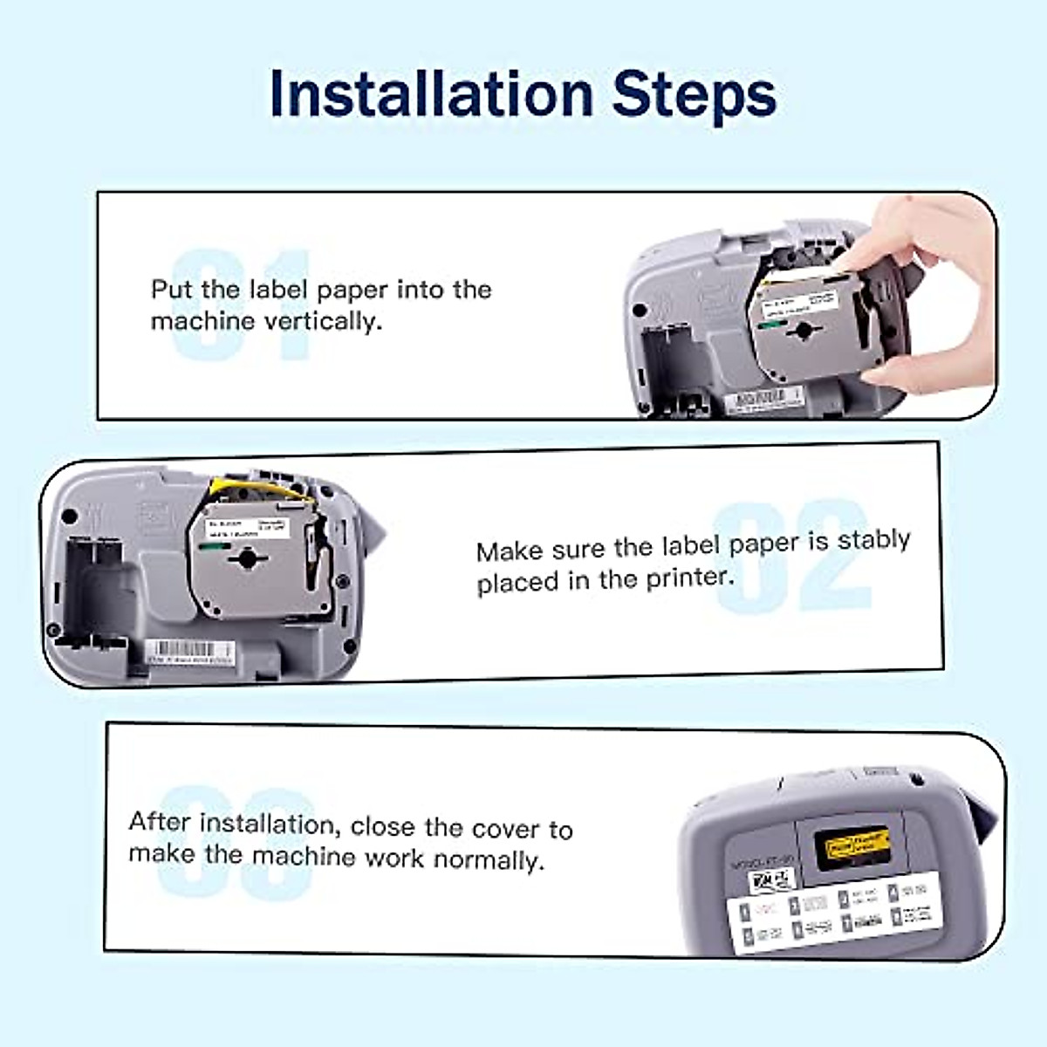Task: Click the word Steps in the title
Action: (694, 93)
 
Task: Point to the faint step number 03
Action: (236, 842)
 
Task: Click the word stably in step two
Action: (873, 540)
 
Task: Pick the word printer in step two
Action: (689, 578)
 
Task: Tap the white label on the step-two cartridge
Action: (247, 529)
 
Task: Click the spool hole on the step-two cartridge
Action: (248, 558)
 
